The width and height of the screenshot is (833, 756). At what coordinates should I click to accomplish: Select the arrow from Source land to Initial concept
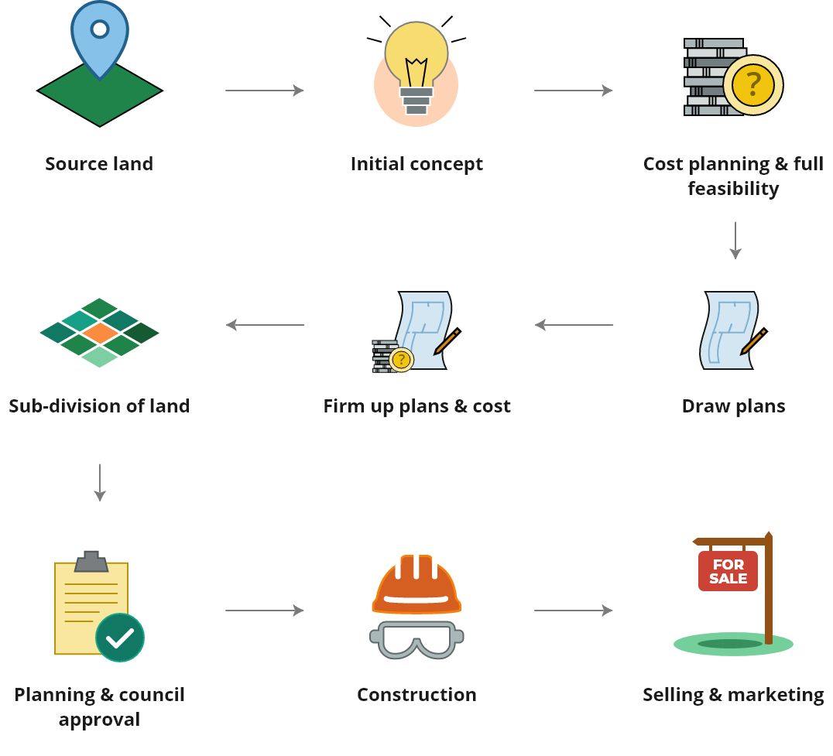pyautogui.click(x=265, y=91)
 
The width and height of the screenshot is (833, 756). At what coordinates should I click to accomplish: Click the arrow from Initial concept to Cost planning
pyautogui.click(x=573, y=91)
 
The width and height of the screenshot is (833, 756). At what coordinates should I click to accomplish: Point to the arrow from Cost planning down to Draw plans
pyautogui.click(x=735, y=241)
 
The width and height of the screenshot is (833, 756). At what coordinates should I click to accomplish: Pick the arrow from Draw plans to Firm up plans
pyautogui.click(x=574, y=324)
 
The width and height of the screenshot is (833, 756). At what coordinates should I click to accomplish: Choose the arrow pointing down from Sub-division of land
pyautogui.click(x=100, y=483)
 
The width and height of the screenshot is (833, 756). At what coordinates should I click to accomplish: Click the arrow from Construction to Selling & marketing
pyautogui.click(x=573, y=611)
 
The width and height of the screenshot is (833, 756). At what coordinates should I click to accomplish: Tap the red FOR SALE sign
pyautogui.click(x=728, y=571)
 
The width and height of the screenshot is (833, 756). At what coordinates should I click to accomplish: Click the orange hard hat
pyautogui.click(x=417, y=584)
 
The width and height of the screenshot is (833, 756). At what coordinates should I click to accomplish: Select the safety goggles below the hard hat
pyautogui.click(x=417, y=639)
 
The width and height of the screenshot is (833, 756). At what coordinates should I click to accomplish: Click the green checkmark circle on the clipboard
pyautogui.click(x=120, y=638)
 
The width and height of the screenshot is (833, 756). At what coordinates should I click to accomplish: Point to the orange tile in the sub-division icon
pyautogui.click(x=100, y=333)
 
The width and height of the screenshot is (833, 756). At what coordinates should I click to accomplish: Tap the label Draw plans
pyautogui.click(x=734, y=406)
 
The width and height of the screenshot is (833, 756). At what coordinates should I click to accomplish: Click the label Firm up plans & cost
pyautogui.click(x=417, y=406)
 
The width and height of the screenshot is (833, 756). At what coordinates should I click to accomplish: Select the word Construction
pyautogui.click(x=417, y=694)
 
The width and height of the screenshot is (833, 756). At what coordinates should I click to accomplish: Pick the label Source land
pyautogui.click(x=99, y=163)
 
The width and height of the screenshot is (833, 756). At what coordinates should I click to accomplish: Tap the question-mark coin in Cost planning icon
pyautogui.click(x=753, y=85)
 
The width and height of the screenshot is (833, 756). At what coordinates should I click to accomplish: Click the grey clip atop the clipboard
pyautogui.click(x=91, y=561)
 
